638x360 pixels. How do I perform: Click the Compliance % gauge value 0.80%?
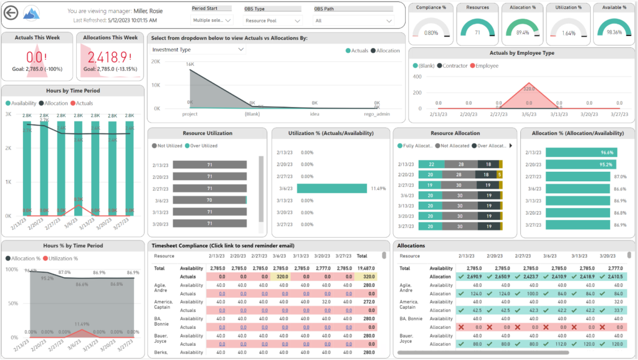(431, 32)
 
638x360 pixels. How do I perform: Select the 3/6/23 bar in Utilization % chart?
(331, 188)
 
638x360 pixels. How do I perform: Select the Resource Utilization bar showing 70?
(209, 201)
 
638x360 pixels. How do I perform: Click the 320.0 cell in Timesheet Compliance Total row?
(281, 277)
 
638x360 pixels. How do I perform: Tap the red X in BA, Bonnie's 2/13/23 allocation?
(461, 326)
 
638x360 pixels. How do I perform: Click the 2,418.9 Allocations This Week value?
(109, 57)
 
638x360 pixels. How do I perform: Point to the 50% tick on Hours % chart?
(12, 302)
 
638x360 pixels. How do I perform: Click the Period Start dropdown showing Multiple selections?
(211, 20)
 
